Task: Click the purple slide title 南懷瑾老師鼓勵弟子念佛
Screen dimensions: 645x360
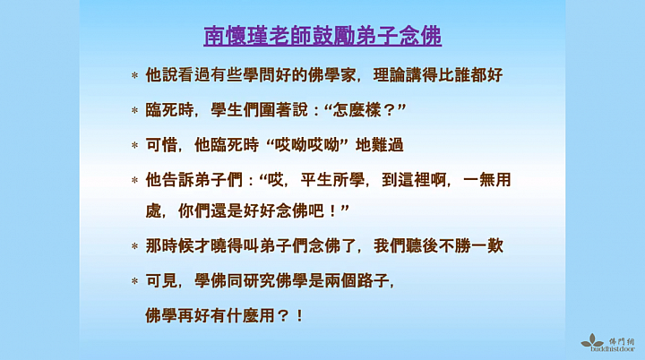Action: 322,36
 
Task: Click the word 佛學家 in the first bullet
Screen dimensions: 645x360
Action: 332,75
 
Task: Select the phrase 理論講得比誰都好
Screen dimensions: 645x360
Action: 438,75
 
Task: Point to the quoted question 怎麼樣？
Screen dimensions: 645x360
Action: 364,110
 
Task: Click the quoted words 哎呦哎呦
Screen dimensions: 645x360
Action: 307,145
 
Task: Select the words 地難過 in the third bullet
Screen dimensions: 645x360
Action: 380,145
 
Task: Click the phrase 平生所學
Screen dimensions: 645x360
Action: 332,180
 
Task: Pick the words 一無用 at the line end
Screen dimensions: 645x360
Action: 487,180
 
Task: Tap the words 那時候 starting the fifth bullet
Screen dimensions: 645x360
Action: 170,246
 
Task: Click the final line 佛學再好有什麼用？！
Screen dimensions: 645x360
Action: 225,316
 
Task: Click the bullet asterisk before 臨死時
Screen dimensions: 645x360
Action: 134,110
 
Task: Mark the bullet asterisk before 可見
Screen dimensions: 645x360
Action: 134,281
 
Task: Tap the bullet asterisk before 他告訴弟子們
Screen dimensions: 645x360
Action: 134,180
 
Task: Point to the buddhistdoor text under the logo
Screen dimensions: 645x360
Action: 613,349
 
